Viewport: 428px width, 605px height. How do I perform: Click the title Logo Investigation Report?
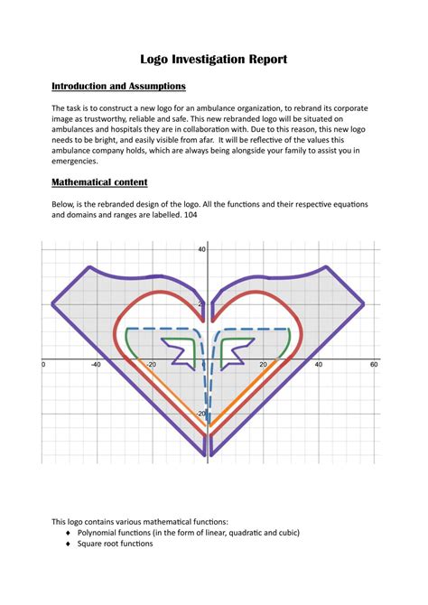(x=214, y=59)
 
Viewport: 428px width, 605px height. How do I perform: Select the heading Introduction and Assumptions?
(x=118, y=86)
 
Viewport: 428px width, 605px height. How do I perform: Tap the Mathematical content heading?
(x=106, y=182)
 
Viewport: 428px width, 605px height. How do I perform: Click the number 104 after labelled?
(x=190, y=216)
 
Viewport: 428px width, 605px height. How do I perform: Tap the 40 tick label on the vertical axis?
(x=202, y=249)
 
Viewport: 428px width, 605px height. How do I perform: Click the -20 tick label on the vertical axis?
(x=201, y=414)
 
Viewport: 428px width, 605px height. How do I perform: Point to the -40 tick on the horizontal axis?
(x=96, y=365)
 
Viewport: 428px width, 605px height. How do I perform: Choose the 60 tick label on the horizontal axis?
(x=373, y=365)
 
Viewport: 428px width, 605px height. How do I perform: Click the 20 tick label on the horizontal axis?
(x=263, y=365)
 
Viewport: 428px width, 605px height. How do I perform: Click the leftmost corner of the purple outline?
(x=52, y=304)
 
